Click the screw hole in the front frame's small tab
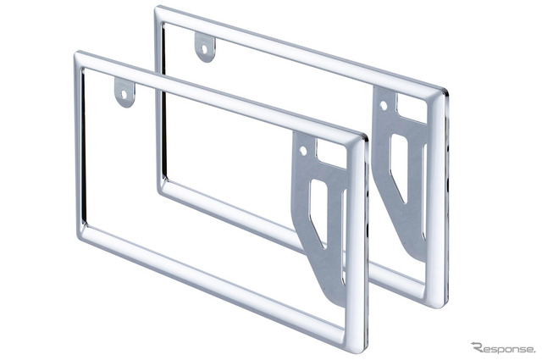click(124, 93)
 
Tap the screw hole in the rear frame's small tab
click(204, 49)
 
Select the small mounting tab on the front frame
click(124, 92)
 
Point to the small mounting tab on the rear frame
click(205, 47)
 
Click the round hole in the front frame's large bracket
click(303, 151)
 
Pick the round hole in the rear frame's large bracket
click(384, 106)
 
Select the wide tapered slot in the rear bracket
click(399, 168)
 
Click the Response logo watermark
click(503, 347)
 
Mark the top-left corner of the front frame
click(75, 53)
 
